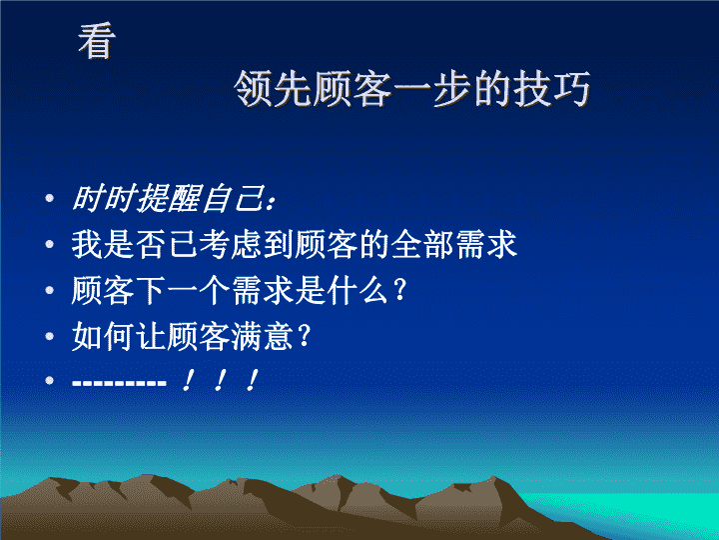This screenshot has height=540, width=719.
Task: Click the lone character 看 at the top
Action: pyautogui.click(x=97, y=41)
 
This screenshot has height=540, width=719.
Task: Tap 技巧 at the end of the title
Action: pyautogui.click(x=551, y=89)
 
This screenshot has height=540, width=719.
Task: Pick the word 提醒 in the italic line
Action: pyautogui.click(x=169, y=199)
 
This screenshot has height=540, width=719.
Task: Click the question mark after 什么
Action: pyautogui.click(x=399, y=290)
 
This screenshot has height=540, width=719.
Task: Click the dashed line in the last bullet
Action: pyautogui.click(x=119, y=382)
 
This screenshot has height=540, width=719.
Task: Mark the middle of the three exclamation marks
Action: pyautogui.click(x=219, y=381)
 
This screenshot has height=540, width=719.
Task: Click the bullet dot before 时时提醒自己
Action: pyautogui.click(x=50, y=199)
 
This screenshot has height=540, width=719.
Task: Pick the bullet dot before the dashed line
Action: pyautogui.click(x=50, y=381)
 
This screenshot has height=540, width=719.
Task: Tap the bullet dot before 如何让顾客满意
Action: pyautogui.click(x=50, y=336)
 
